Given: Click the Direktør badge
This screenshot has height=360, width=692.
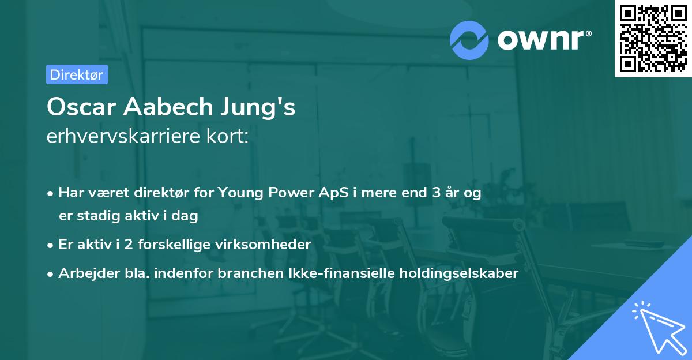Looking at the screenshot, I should (77, 74).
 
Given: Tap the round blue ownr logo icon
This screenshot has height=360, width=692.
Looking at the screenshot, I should (470, 40).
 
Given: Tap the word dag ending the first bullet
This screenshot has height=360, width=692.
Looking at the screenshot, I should (186, 216).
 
